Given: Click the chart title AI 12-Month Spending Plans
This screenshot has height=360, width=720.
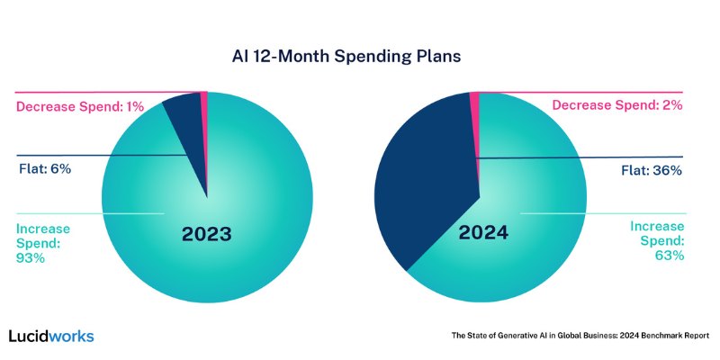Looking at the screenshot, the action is [x=346, y=57].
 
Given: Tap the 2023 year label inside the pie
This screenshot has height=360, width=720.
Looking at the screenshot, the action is [x=207, y=234].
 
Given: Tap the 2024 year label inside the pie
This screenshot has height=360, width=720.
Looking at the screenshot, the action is [x=483, y=233].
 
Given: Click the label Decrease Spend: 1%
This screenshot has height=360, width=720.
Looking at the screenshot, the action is [x=80, y=106].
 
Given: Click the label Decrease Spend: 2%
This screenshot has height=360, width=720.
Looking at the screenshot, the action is [x=617, y=105].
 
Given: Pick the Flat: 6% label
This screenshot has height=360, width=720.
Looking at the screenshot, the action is [x=45, y=169].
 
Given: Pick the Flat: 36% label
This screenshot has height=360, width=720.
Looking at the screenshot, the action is [x=652, y=171].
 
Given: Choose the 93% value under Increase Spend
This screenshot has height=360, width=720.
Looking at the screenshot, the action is [x=31, y=258].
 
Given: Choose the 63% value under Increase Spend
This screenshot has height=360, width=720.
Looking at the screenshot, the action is [x=670, y=256].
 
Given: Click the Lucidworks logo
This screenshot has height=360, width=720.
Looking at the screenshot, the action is [x=51, y=336].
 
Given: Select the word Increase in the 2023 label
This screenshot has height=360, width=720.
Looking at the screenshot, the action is [x=43, y=229].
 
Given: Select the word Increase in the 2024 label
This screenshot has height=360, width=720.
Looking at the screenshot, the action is [x=657, y=227].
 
